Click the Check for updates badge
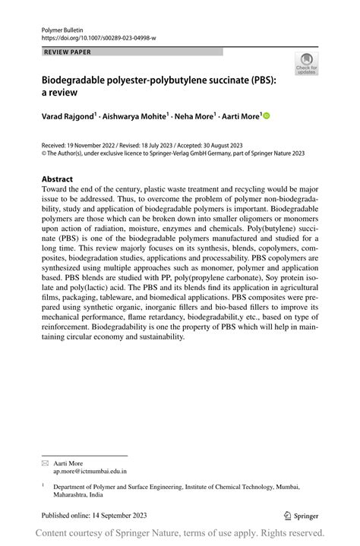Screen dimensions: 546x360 click(308, 64)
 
